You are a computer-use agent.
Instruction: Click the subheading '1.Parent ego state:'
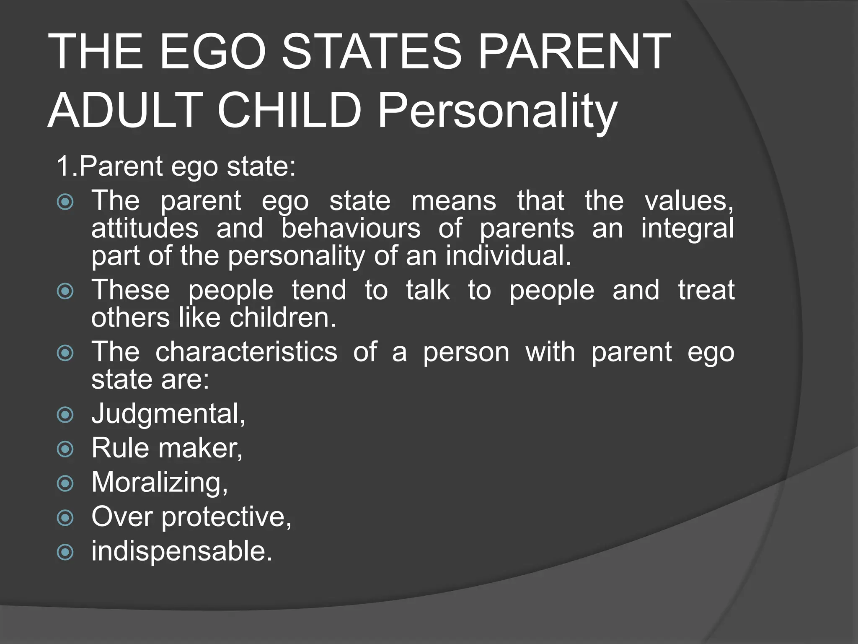point(176,166)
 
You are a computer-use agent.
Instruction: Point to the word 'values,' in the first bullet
point(689,200)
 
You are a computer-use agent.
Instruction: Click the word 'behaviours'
point(351,229)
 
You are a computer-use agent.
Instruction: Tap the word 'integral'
point(687,229)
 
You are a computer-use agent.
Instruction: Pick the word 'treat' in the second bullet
point(706,290)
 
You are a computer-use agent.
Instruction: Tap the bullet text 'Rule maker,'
point(167,448)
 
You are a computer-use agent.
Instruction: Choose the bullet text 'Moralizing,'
point(160,482)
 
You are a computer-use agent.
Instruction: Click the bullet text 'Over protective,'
point(191,517)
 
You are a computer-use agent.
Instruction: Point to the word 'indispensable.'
point(182,551)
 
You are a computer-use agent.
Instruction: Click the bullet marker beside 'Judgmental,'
point(65,415)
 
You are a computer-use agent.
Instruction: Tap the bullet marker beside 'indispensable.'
point(65,552)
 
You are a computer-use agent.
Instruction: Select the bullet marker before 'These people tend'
point(65,291)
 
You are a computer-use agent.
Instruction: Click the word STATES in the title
point(371,52)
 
